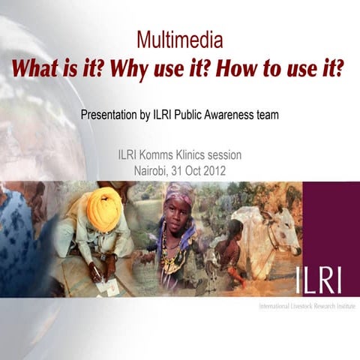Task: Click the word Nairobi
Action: point(151,170)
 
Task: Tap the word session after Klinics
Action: point(226,155)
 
